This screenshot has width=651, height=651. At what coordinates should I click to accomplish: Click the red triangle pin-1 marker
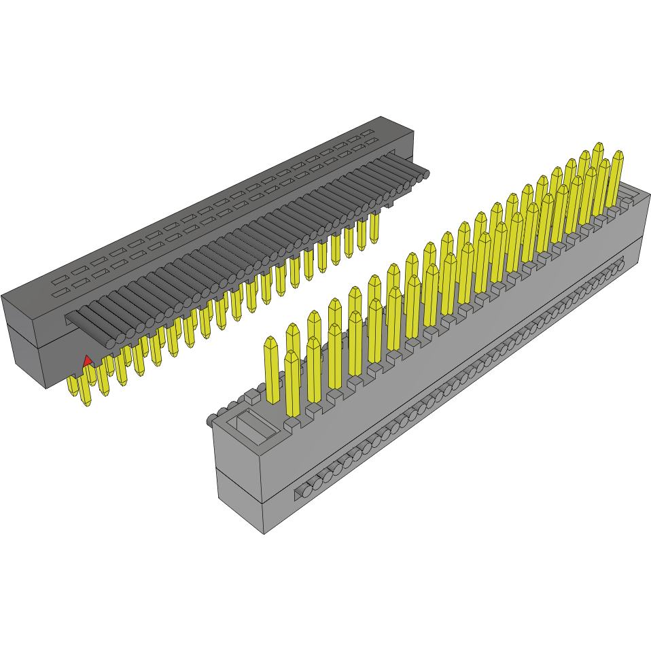tap(87, 360)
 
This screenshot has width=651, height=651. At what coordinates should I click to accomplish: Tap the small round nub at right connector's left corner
tap(212, 419)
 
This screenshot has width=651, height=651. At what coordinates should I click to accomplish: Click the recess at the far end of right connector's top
tap(629, 198)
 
